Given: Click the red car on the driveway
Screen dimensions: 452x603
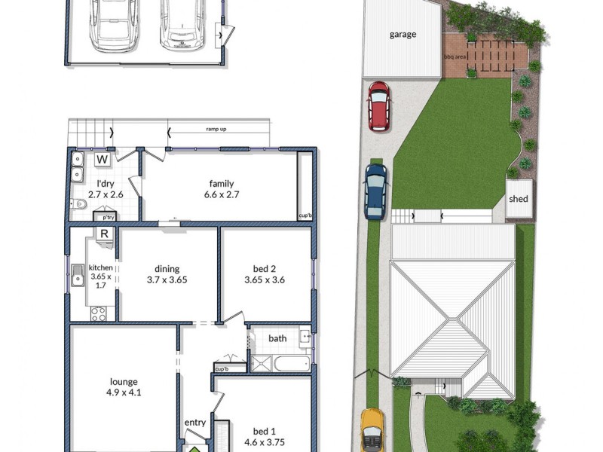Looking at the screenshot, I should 378,105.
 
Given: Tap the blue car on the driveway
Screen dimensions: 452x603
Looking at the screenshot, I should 375,191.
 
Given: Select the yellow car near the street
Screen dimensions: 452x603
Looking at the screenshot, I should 372,430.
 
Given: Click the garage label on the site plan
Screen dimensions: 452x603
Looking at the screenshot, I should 403,34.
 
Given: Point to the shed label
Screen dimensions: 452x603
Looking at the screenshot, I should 519,200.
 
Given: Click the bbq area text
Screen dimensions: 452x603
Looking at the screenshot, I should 455,56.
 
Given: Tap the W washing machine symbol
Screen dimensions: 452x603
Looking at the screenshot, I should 103,160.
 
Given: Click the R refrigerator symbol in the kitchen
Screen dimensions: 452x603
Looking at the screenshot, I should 105,234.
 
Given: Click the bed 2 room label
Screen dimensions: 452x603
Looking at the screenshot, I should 265,267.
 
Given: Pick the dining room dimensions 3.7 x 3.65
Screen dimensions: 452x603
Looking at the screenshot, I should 166,279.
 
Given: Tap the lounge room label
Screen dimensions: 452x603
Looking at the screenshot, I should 123,382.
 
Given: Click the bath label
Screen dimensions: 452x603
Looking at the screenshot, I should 277,338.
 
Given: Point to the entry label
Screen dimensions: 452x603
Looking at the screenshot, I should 195,423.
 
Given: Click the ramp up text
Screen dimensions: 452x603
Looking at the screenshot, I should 216,130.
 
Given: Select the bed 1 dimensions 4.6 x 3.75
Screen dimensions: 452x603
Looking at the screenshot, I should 264,443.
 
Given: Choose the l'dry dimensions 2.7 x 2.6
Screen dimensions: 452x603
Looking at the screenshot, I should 106,194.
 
